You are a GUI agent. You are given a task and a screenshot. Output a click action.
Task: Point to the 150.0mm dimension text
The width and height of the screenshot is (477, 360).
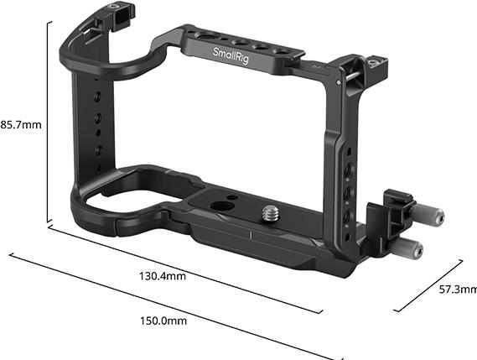coord(162,321)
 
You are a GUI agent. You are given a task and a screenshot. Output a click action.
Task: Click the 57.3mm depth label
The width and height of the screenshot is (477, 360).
coord(457,289)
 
